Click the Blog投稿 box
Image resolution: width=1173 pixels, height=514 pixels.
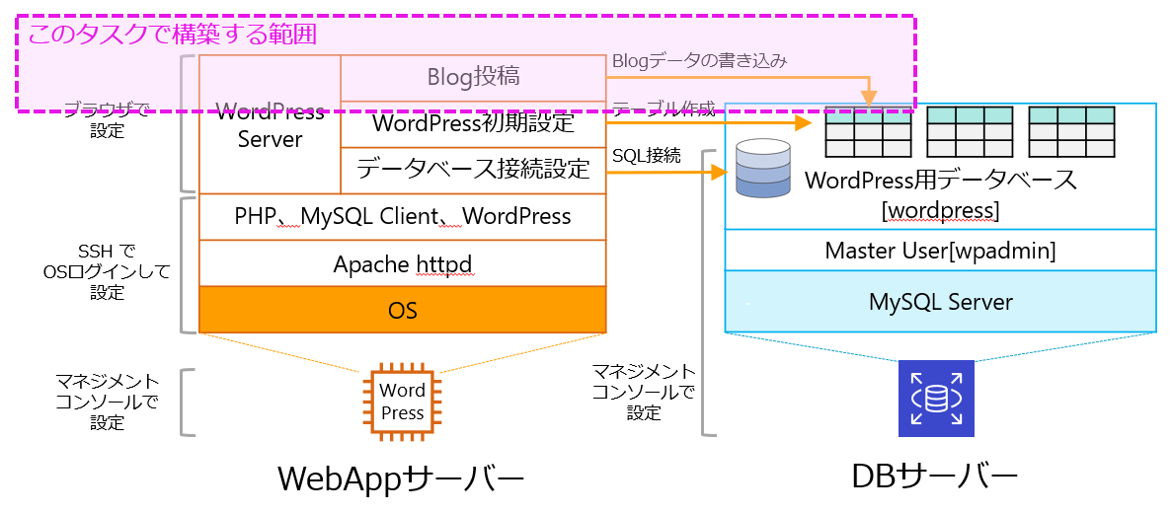[473, 77]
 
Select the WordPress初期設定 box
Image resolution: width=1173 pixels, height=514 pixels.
[473, 124]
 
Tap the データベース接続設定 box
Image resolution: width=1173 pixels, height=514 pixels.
[473, 170]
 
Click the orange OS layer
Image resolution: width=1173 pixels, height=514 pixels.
[402, 310]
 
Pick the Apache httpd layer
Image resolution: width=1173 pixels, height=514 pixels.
[402, 263]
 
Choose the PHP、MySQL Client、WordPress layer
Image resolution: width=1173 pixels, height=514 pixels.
[402, 216]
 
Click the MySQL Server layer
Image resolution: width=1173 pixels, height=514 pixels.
[940, 301]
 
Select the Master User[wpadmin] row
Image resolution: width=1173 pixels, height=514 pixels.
[940, 251]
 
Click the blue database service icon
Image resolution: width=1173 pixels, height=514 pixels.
[936, 399]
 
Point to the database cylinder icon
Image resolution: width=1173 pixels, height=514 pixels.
[763, 167]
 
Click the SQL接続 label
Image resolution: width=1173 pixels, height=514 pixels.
[646, 155]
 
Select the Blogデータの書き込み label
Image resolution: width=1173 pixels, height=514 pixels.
[699, 61]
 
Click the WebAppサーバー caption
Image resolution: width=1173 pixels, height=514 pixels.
[400, 479]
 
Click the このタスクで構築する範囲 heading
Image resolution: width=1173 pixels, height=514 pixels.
[172, 35]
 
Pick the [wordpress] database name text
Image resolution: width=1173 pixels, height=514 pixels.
[940, 210]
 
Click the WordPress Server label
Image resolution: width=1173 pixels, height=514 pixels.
[270, 125]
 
